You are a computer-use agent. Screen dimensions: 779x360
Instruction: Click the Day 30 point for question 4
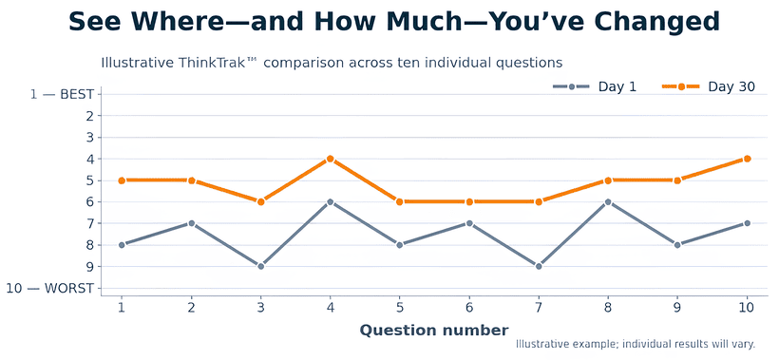(x=330, y=159)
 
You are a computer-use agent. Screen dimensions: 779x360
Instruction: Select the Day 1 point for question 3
(x=260, y=266)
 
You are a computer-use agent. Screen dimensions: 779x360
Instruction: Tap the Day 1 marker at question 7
(x=538, y=266)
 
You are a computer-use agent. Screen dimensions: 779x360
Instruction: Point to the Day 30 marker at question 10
(x=747, y=159)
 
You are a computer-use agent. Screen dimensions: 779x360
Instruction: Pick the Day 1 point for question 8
(x=608, y=201)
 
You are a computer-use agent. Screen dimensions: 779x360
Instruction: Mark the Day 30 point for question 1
(x=122, y=180)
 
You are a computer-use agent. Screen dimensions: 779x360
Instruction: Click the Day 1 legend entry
(x=594, y=86)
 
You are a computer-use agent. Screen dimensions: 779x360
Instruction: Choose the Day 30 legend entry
(x=709, y=86)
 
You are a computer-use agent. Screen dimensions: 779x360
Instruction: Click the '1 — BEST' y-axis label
(x=62, y=94)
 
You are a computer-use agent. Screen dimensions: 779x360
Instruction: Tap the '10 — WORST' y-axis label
(x=49, y=288)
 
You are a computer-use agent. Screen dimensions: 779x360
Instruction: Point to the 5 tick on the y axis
(x=90, y=180)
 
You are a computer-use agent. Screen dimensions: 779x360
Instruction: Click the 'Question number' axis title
(x=434, y=331)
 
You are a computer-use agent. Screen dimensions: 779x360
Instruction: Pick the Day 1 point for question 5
(x=399, y=245)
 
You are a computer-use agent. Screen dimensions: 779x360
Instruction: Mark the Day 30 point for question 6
(x=468, y=201)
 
